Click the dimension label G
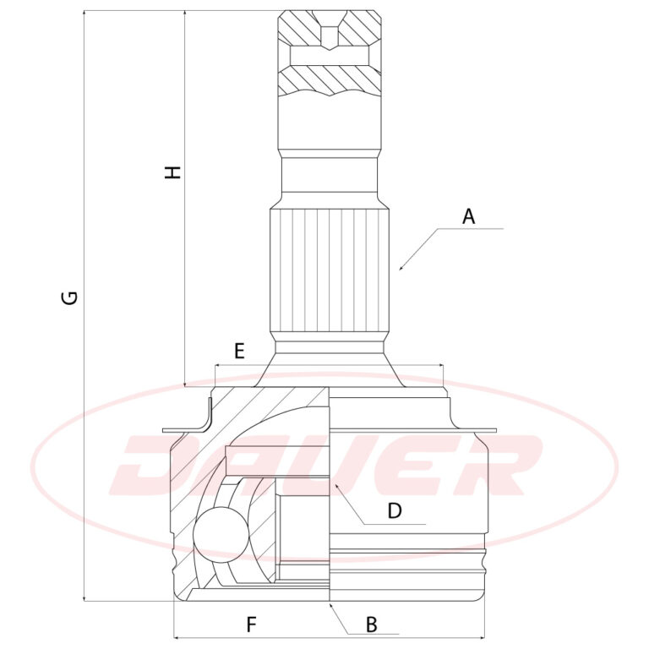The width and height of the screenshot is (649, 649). click(x=71, y=297)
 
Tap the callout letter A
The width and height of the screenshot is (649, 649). click(x=468, y=216)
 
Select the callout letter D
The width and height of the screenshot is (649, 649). click(x=395, y=510)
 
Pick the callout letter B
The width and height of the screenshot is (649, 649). click(x=372, y=624)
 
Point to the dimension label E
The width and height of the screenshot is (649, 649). click(x=239, y=352)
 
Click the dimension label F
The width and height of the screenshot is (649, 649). click(x=251, y=624)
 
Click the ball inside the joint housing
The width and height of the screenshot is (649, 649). click(x=221, y=534)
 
